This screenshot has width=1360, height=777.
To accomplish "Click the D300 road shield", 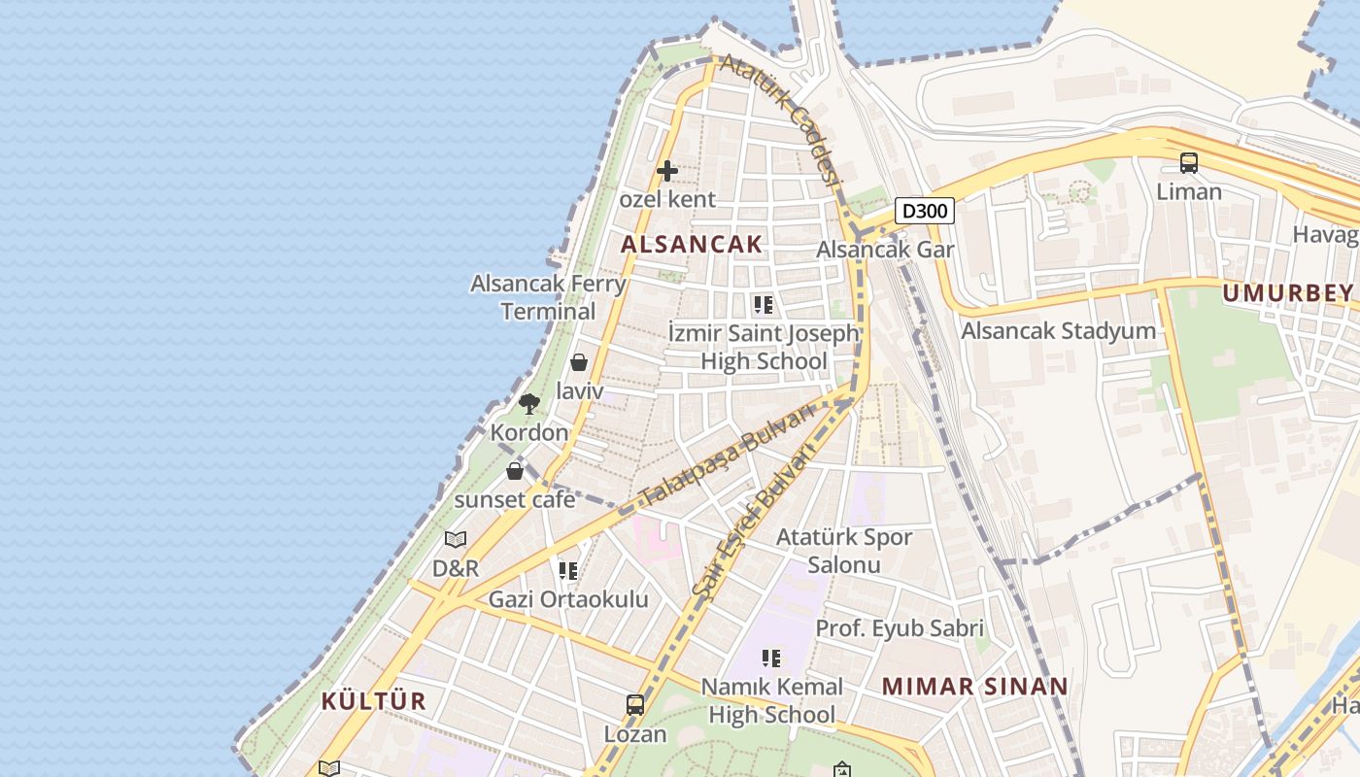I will [923, 211].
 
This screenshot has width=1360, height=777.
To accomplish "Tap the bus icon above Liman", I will [1189, 163].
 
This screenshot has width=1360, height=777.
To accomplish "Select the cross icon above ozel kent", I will [667, 171].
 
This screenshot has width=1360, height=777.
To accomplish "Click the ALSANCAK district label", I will [692, 244].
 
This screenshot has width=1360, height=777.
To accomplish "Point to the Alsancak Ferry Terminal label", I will [548, 297].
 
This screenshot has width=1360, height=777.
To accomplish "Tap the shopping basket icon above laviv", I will [579, 362].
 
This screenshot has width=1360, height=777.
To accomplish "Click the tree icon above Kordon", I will [528, 403].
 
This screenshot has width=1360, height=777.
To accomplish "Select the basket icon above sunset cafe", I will [515, 471].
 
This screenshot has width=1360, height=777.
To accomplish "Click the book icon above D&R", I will [456, 539].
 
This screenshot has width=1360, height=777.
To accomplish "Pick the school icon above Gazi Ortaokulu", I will [568, 570].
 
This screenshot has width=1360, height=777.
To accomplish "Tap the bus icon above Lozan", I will [635, 705].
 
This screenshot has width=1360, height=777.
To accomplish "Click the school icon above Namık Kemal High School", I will [771, 659].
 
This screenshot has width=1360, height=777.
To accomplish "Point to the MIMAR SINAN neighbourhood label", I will [974, 686].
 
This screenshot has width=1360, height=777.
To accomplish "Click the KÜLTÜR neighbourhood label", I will [374, 701].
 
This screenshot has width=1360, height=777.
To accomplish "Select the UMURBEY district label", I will [1288, 293].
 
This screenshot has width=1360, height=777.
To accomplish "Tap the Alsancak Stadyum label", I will [1059, 331].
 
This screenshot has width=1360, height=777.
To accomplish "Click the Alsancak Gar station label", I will [885, 249].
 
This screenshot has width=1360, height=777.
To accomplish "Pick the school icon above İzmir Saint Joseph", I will [764, 305].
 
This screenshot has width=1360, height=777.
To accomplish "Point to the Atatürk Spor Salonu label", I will [843, 551].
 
